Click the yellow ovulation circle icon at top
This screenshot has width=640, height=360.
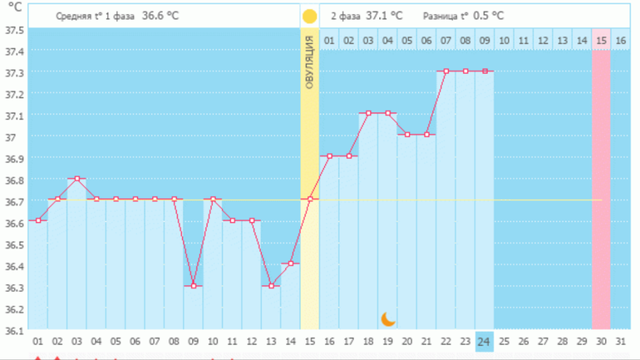pyautogui.click(x=309, y=16)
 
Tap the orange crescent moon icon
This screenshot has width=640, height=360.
pyautogui.click(x=388, y=318)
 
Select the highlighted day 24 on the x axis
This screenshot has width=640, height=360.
pyautogui.click(x=485, y=341)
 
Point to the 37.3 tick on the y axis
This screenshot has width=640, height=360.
pyautogui.click(x=14, y=72)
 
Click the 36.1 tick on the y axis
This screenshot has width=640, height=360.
pyautogui.click(x=14, y=330)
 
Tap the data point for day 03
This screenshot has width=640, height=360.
pyautogui.click(x=77, y=179)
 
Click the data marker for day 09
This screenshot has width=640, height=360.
pyautogui.click(x=194, y=286)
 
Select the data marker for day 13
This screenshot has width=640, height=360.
pyautogui.click(x=271, y=286)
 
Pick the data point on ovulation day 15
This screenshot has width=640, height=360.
pyautogui.click(x=310, y=200)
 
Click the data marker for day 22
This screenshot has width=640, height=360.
pyautogui.click(x=446, y=72)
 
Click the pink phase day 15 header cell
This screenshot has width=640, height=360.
pyautogui.click(x=601, y=40)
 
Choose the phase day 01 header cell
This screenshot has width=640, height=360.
pyautogui.click(x=329, y=40)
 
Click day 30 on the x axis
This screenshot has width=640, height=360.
pyautogui.click(x=601, y=341)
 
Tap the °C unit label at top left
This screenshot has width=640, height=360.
pyautogui.click(x=14, y=7)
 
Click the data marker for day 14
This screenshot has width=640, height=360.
pyautogui.click(x=291, y=264)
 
